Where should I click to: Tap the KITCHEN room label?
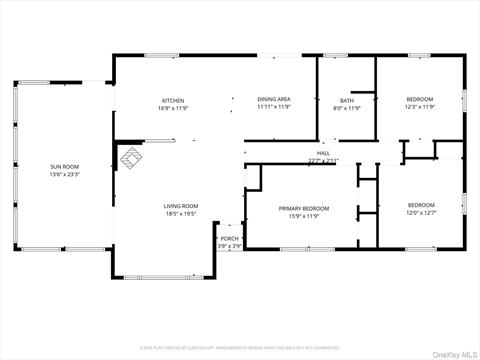(174, 100)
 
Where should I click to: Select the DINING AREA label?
(273, 100)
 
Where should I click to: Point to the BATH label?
(347, 100)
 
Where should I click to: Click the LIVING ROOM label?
(181, 206)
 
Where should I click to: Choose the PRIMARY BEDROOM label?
(303, 208)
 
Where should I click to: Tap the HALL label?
(324, 153)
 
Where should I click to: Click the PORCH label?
(230, 238)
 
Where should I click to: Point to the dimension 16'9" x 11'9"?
(174, 108)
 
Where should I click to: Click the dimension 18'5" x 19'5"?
(181, 214)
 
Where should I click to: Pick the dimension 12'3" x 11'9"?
(420, 108)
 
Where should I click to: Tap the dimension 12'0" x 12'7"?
(421, 212)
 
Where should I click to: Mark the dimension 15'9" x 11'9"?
(303, 216)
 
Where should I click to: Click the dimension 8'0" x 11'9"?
(347, 108)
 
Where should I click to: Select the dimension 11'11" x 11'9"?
(273, 108)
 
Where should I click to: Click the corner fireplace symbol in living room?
(130, 157)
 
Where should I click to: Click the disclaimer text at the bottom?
(240, 349)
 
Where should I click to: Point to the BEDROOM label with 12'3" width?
(420, 100)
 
